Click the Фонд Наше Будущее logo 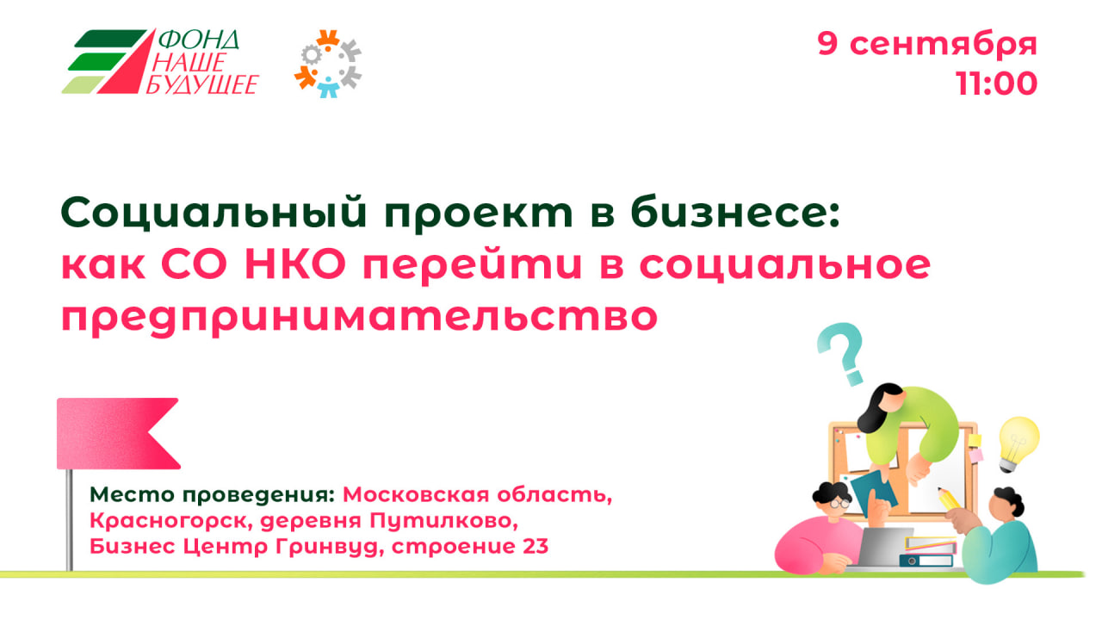coord(160,61)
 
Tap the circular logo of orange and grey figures coord(328,64)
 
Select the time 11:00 coord(997,84)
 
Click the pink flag coord(118,433)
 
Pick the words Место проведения coord(212,495)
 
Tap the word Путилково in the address coord(443,521)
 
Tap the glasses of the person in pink coord(839,504)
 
